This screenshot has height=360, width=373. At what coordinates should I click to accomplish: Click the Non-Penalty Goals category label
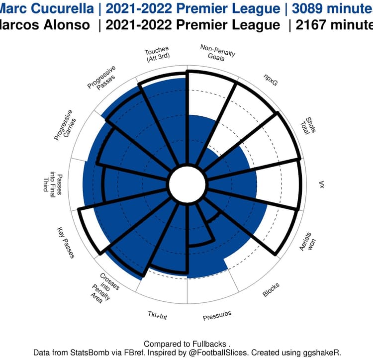(218, 52)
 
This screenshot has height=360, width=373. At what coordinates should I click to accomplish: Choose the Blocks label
(271, 290)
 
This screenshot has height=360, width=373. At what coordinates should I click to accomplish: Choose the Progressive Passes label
(102, 79)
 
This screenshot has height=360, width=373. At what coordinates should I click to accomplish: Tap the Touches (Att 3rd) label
(157, 55)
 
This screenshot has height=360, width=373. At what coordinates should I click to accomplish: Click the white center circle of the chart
(186, 184)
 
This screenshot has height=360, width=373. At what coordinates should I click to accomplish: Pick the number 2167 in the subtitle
(313, 26)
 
